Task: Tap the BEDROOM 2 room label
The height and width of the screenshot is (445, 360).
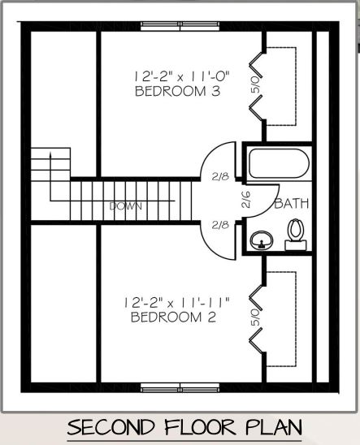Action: click(173, 318)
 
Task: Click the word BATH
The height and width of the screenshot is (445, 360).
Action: click(290, 204)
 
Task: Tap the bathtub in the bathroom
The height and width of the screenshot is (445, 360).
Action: click(278, 165)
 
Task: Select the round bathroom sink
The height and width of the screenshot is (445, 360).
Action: click(262, 240)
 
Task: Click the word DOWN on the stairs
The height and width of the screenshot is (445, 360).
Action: click(125, 206)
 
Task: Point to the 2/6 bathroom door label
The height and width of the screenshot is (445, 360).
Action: click(245, 201)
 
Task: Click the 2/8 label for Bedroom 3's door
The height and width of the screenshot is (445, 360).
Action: click(220, 175)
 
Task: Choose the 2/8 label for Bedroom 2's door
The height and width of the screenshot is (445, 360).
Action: click(220, 225)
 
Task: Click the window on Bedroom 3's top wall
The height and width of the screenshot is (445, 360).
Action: click(180, 24)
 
